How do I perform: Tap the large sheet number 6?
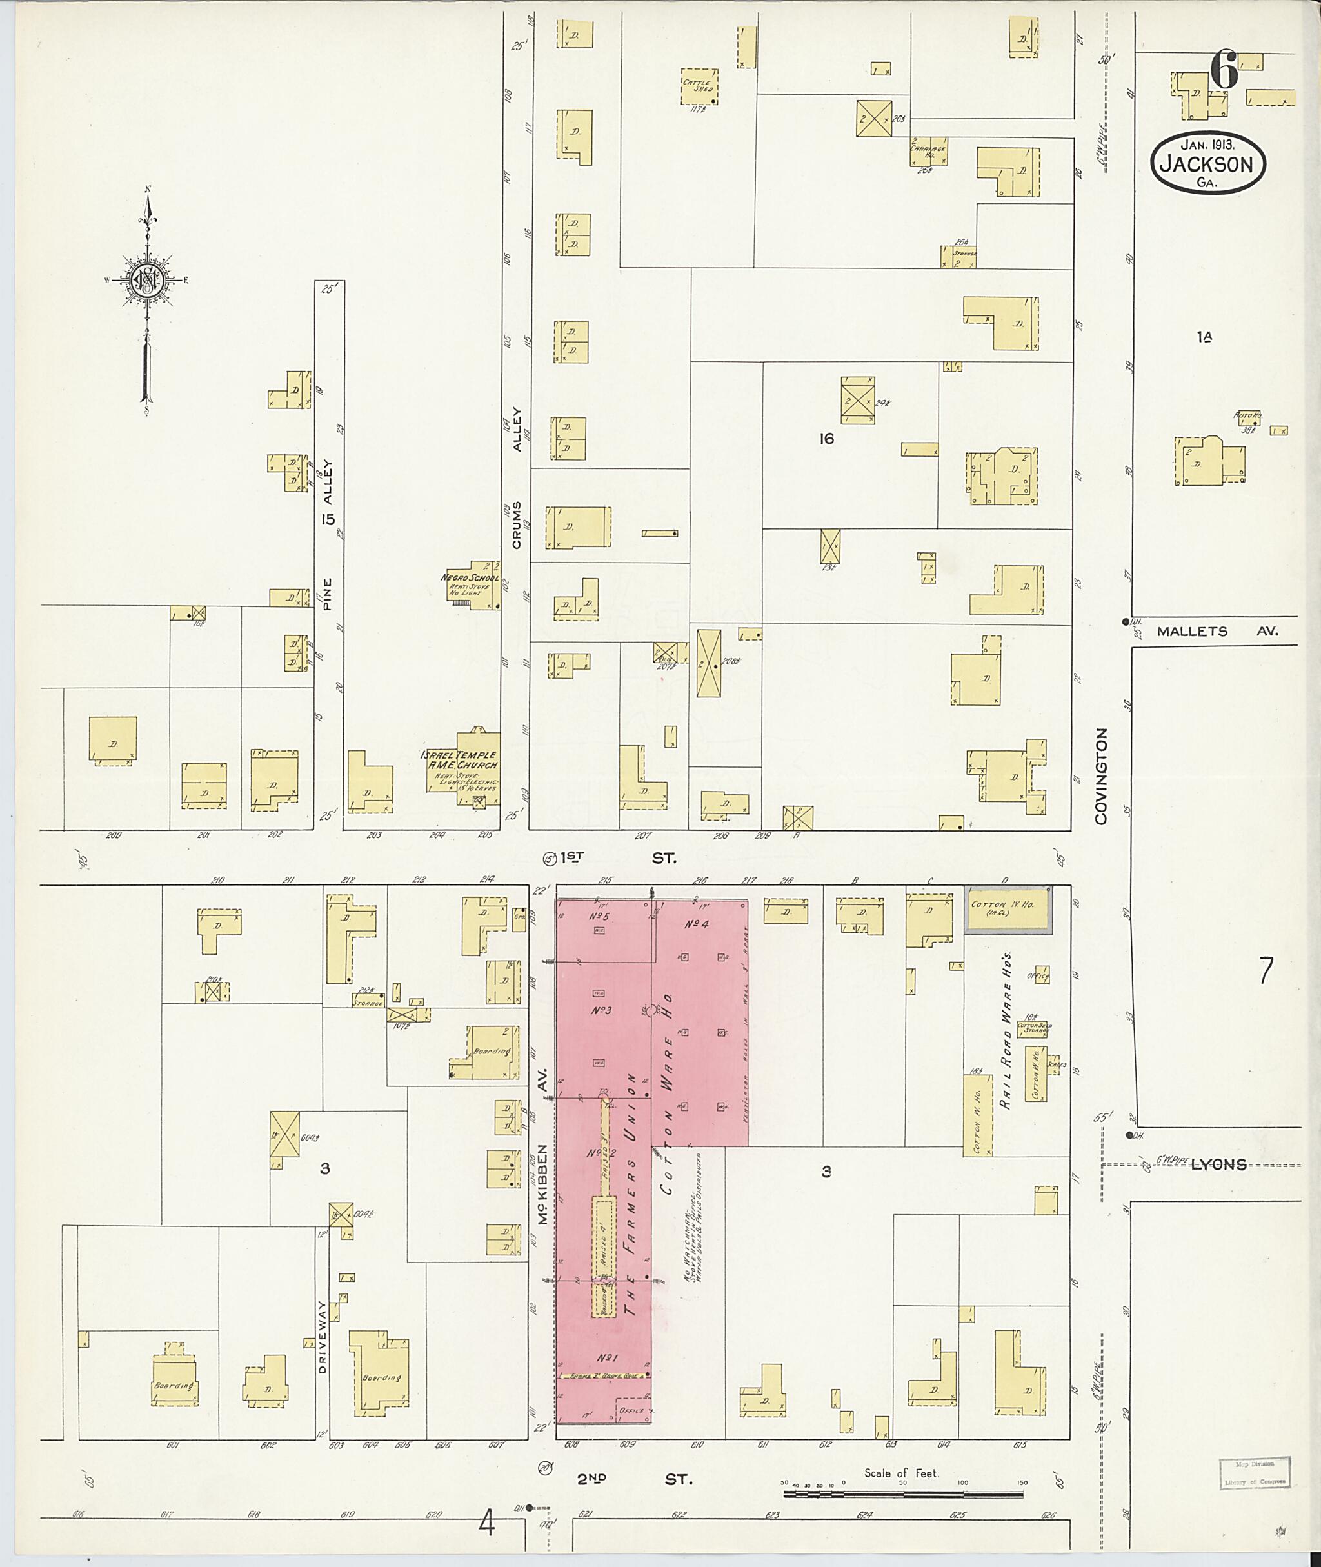click(1224, 72)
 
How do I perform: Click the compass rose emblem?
click(148, 280)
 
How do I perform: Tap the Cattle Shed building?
click(699, 88)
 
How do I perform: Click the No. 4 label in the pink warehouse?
click(697, 924)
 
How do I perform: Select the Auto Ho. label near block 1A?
click(1247, 414)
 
